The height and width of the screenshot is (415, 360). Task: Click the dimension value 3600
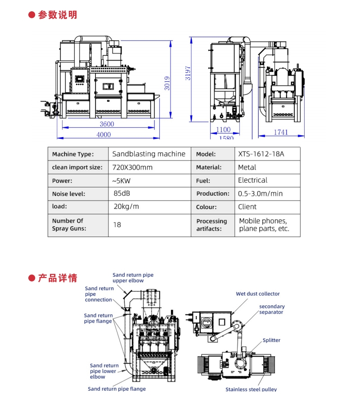[107, 124]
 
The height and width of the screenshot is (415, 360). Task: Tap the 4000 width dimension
[103, 134]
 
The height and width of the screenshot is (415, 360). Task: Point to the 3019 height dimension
[166, 81]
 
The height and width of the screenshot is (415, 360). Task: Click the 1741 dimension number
[281, 132]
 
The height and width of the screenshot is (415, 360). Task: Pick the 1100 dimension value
[224, 129]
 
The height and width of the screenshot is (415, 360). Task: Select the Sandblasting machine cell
[148, 154]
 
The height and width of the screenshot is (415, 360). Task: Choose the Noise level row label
[68, 194]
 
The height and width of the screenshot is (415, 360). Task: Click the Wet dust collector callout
[258, 294]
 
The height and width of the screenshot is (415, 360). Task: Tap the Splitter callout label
[271, 340]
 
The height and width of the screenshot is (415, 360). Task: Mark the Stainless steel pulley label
[251, 389]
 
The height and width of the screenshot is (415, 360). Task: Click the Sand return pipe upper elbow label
[133, 277]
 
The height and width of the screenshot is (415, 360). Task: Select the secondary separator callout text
[272, 309]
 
